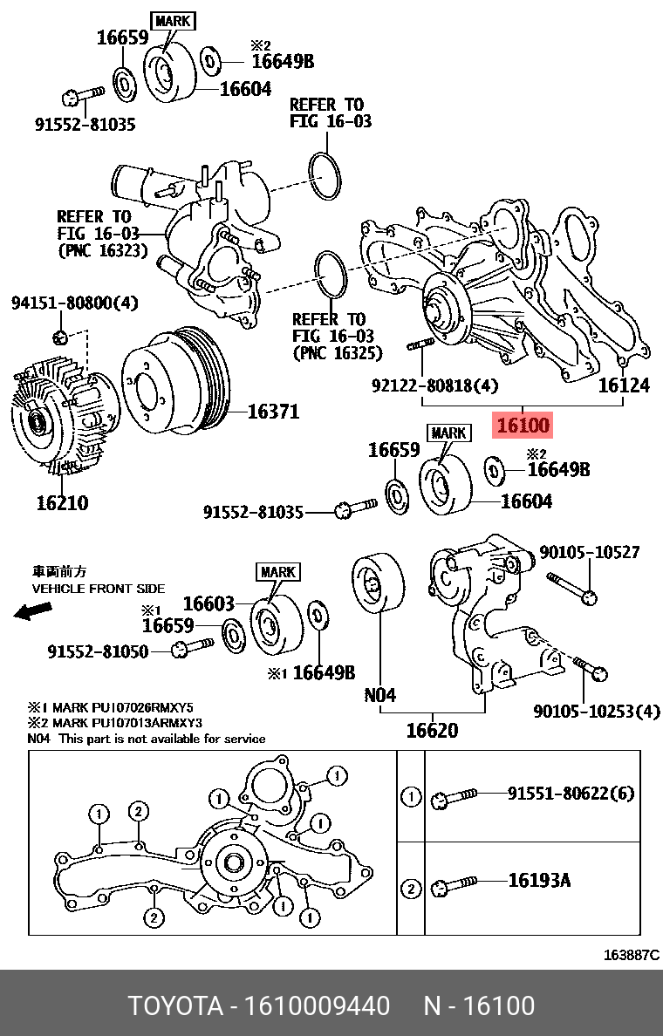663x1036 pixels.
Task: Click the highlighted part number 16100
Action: (x=523, y=426)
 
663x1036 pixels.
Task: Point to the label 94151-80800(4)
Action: (x=74, y=303)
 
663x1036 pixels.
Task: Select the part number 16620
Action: (x=432, y=730)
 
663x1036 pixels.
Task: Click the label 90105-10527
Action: (x=589, y=552)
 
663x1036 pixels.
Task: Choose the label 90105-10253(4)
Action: (x=597, y=711)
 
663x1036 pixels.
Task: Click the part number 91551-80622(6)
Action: (x=571, y=794)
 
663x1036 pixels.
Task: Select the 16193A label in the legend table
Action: (x=539, y=881)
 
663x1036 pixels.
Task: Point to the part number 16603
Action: (x=208, y=603)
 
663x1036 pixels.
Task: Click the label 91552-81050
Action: (x=98, y=651)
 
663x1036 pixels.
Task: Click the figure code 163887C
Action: (x=631, y=955)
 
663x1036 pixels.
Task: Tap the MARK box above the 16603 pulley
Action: (x=277, y=572)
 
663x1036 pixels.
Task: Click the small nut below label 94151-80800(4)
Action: (x=58, y=337)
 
